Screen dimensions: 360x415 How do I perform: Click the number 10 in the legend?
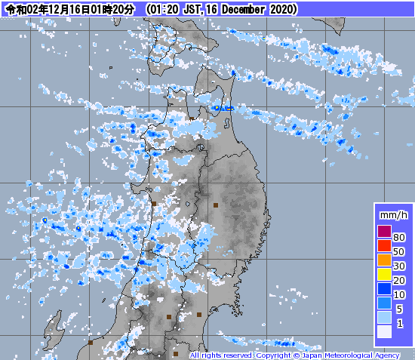tap(400, 294)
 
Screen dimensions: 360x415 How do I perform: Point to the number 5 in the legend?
tap(400, 309)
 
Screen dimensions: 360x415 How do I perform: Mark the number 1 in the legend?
tap(400, 323)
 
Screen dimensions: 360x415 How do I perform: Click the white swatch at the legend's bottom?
tap(384, 331)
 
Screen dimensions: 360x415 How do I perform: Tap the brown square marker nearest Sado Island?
tap(91, 342)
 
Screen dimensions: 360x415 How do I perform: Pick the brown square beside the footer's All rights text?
tap(176, 353)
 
